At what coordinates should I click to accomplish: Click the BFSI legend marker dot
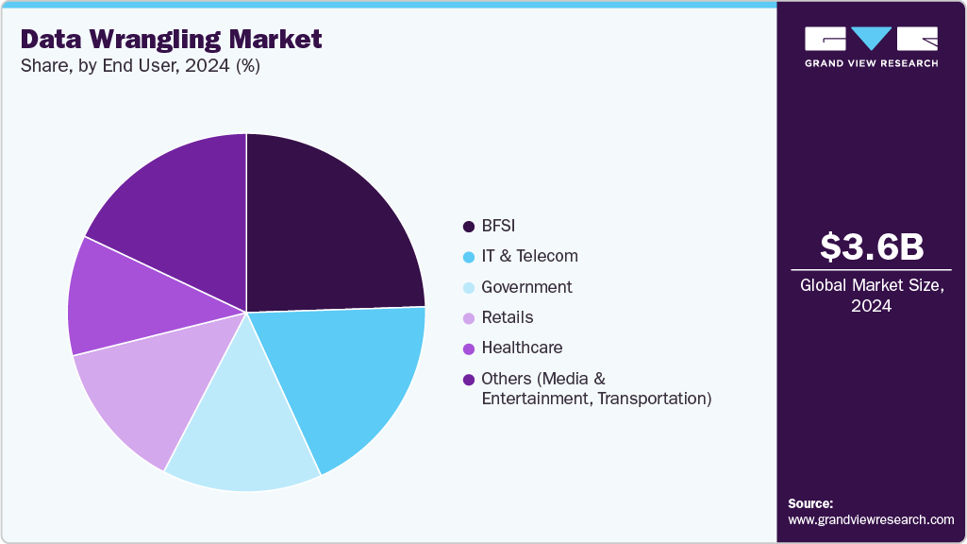pos(468,226)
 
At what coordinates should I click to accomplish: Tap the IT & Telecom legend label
pos(529,256)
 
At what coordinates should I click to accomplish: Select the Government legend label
pos(526,287)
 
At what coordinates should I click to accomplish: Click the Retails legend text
pos(507,317)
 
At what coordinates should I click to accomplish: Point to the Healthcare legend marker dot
pos(468,348)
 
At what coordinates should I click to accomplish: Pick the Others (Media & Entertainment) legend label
pos(594,388)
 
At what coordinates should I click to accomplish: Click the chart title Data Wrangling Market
pos(171,39)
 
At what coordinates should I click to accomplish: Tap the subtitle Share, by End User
pos(141,66)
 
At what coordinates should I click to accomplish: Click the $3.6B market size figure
pos(871,246)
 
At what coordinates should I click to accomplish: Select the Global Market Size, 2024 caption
pos(871,296)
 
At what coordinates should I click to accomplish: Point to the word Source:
pos(810,503)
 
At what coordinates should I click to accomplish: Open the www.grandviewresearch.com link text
pos(871,519)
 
